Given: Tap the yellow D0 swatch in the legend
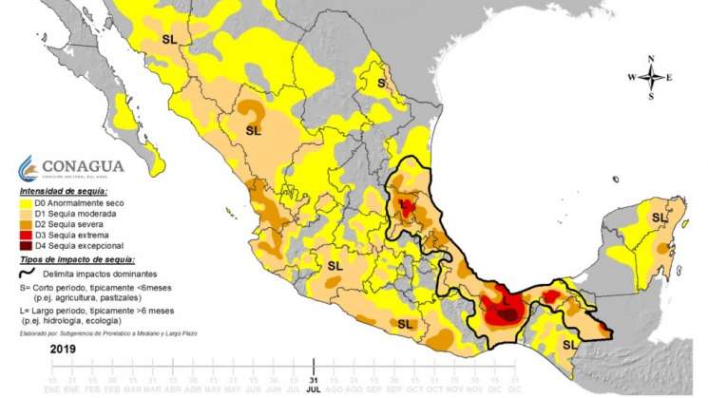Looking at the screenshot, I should coord(26,202).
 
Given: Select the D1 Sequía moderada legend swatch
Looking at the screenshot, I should coord(26,213).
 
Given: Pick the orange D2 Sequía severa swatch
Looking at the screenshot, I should coord(26,223).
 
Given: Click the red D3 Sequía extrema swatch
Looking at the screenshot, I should coord(26,234).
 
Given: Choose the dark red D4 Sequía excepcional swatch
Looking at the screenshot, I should coord(26,244).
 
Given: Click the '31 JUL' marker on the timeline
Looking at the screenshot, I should coord(314,365).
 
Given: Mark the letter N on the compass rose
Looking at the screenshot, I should coord(651,59).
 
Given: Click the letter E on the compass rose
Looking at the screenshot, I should coord(669,78).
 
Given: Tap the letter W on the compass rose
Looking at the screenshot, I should coord(632,78).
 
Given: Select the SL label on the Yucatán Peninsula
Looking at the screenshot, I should coord(659,218).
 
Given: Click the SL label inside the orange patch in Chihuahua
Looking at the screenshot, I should coord(254,129).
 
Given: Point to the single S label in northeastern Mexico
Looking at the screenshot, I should coord(382,83).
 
